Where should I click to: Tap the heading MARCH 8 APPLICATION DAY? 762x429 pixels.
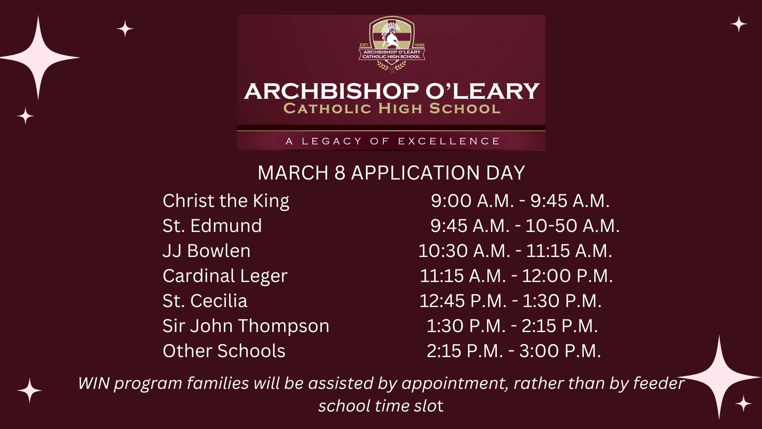[x=391, y=173]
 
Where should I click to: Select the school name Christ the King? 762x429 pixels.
[x=226, y=201]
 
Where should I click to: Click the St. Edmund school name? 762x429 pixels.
[x=212, y=226]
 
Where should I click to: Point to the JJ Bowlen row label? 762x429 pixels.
[x=206, y=251]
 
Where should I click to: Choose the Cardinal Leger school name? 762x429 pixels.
[x=225, y=276]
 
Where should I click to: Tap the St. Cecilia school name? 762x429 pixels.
[x=205, y=301]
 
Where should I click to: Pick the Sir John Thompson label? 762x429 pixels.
[x=246, y=326]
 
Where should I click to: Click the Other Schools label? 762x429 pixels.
[x=224, y=351]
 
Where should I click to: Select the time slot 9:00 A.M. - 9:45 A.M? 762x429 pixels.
[x=520, y=201]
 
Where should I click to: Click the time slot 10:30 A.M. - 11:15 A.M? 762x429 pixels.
[x=515, y=251]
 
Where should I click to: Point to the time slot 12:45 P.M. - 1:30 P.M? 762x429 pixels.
[x=510, y=301]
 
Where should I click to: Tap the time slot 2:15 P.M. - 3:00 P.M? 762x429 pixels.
[x=514, y=351]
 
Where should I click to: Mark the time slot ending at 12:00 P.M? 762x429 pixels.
[x=516, y=276]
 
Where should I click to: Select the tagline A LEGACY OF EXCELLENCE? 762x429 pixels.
[x=392, y=141]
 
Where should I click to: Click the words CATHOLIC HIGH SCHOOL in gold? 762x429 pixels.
[x=392, y=108]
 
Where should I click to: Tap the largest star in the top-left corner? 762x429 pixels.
[x=38, y=58]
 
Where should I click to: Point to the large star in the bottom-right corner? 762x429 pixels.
[x=719, y=377]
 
